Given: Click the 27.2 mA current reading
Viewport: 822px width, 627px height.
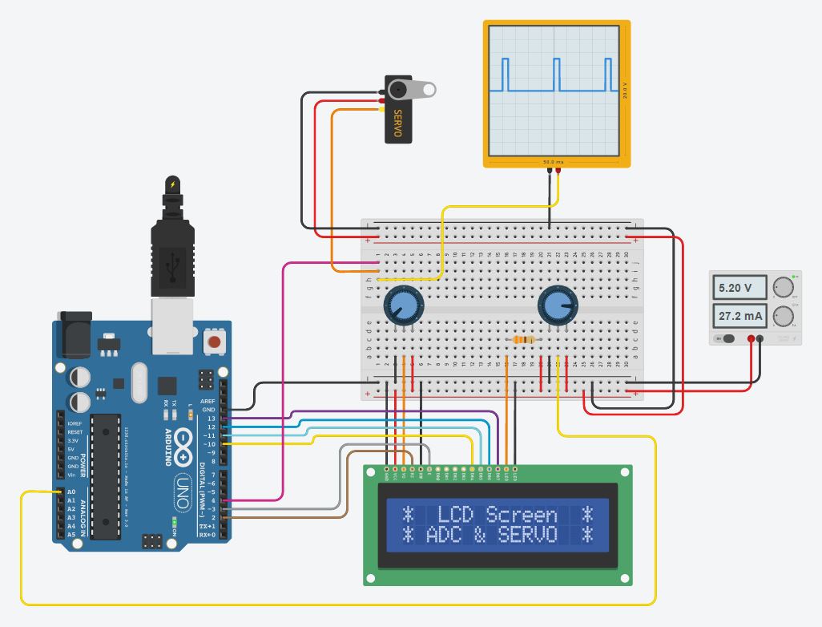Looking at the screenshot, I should click(x=738, y=316).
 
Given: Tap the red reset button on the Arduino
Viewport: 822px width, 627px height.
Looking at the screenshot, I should click(x=214, y=342).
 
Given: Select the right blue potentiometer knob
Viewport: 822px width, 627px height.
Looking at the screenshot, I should click(x=557, y=305).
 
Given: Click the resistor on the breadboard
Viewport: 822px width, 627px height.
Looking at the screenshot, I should click(x=523, y=340).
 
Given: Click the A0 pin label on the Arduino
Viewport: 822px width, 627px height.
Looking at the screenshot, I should click(x=71, y=492).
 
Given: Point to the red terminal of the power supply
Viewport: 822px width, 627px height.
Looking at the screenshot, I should click(x=751, y=339).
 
